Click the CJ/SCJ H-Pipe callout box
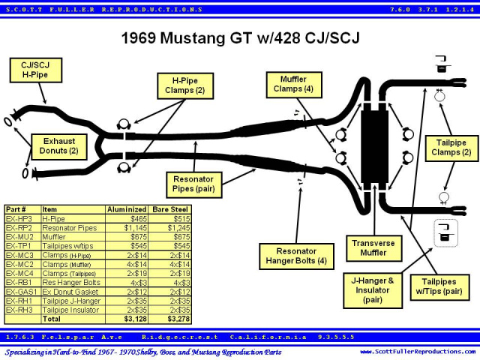[x=36, y=70]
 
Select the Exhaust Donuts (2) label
[x=59, y=147]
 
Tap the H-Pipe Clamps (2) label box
[x=185, y=85]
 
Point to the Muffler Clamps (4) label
[x=294, y=85]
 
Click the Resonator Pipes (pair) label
[x=193, y=184]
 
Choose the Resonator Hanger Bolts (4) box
[x=296, y=256]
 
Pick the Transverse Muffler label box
[x=373, y=248]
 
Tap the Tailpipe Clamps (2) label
[x=451, y=148]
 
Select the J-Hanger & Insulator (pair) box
[x=373, y=290]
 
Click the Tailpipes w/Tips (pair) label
[x=439, y=287]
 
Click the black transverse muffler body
[x=374, y=147]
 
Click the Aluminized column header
[x=127, y=209]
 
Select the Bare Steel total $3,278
[x=178, y=319]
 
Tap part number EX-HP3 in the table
[x=19, y=218]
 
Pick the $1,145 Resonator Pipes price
[x=136, y=228]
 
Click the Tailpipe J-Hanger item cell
[x=71, y=301]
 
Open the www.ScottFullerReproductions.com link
[x=418, y=352]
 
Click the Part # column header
[x=16, y=209]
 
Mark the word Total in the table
[x=52, y=319]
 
